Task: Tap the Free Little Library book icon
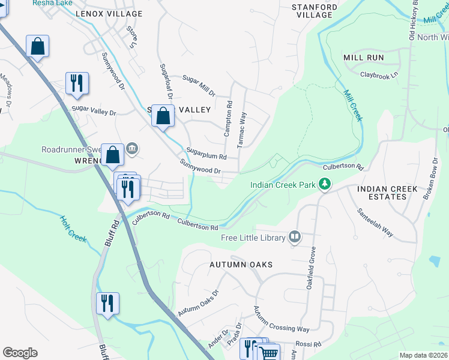click(294, 238)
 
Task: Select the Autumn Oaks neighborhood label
click(241, 265)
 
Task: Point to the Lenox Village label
click(109, 14)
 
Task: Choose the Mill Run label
click(363, 57)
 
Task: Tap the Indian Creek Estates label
click(387, 193)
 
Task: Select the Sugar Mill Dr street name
click(199, 85)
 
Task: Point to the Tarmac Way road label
click(243, 129)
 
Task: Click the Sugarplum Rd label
click(206, 154)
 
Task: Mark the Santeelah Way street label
click(375, 223)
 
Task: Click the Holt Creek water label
click(73, 229)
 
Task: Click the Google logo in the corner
click(20, 353)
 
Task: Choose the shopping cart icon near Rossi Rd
click(270, 352)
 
